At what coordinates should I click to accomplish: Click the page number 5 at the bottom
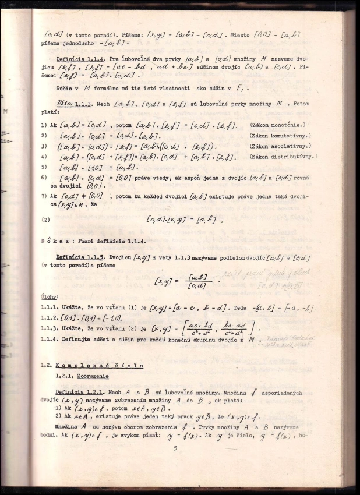[175, 448]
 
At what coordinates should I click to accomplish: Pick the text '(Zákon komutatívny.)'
[280, 136]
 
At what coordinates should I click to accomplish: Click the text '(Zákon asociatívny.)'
[280, 146]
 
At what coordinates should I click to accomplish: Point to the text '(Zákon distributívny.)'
[282, 157]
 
